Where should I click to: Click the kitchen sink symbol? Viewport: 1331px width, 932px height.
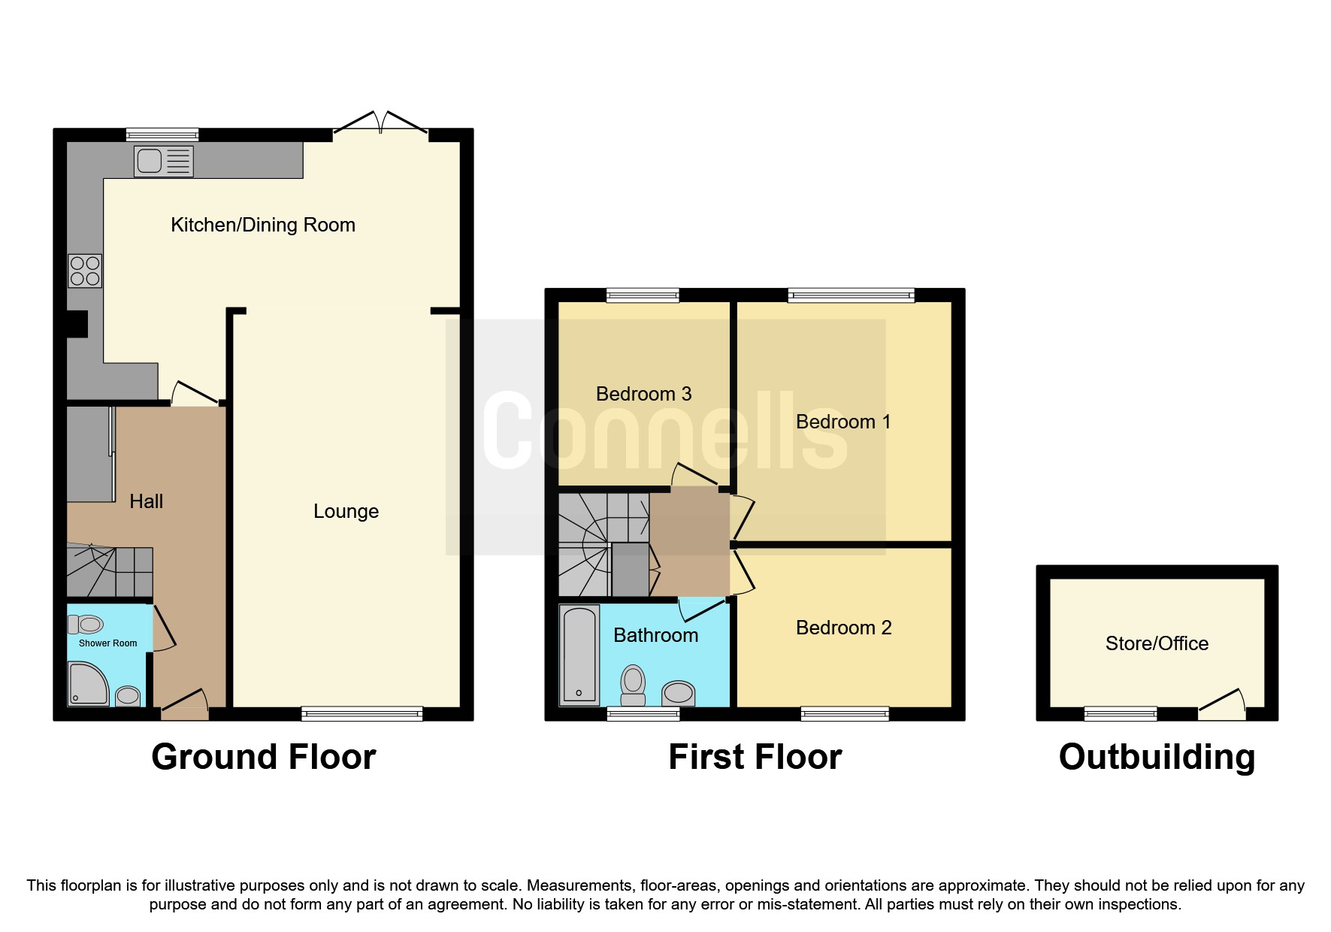pyautogui.click(x=163, y=161)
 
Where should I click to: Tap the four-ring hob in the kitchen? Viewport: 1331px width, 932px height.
pyautogui.click(x=85, y=271)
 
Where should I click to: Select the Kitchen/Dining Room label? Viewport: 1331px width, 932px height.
pyautogui.click(x=262, y=225)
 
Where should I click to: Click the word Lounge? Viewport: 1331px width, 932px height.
pyautogui.click(x=346, y=511)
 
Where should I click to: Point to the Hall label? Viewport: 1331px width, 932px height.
pyautogui.click(x=146, y=501)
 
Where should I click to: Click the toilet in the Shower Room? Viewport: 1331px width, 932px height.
pyautogui.click(x=86, y=624)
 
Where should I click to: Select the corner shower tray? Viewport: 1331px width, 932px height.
pyautogui.click(x=87, y=683)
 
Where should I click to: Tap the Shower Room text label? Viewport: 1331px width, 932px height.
pyautogui.click(x=107, y=643)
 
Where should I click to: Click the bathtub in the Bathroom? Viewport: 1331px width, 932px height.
pyautogui.click(x=579, y=655)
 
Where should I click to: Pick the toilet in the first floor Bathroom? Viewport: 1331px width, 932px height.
pyautogui.click(x=634, y=685)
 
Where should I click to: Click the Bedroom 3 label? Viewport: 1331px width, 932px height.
pyautogui.click(x=643, y=394)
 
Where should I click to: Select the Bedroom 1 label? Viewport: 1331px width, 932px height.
pyautogui.click(x=843, y=422)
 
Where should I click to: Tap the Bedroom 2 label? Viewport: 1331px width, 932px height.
pyautogui.click(x=843, y=628)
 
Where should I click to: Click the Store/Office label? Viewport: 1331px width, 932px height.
pyautogui.click(x=1157, y=643)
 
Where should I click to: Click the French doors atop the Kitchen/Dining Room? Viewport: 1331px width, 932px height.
pyautogui.click(x=381, y=125)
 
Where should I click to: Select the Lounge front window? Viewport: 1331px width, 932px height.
pyautogui.click(x=362, y=713)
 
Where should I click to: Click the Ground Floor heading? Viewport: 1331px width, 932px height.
pyautogui.click(x=263, y=757)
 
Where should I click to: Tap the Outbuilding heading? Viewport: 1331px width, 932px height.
pyautogui.click(x=1157, y=757)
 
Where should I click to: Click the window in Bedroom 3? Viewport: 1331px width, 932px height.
pyautogui.click(x=643, y=295)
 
